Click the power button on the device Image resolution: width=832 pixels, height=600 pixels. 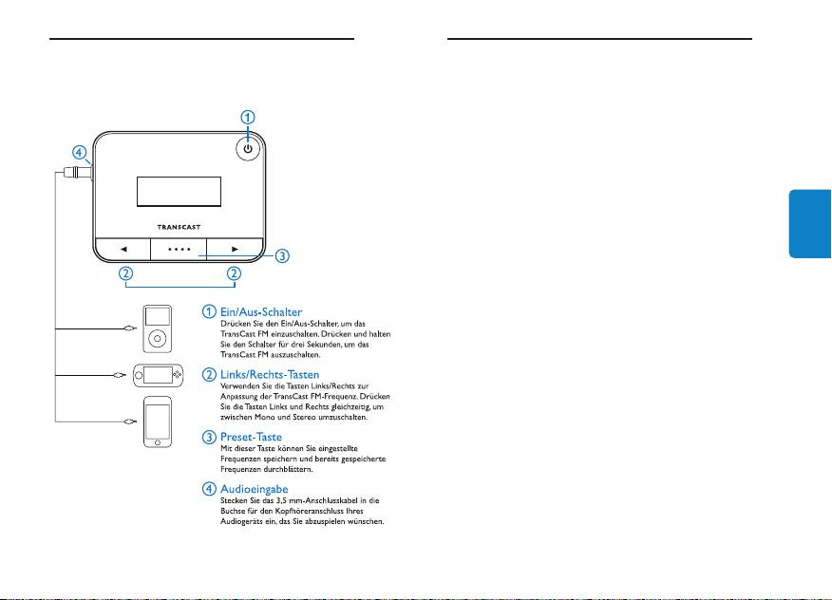click(248, 148)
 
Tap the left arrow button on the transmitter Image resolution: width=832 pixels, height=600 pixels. click(123, 250)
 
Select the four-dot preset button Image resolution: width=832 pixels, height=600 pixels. click(179, 250)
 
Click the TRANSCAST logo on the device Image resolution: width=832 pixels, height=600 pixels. click(179, 227)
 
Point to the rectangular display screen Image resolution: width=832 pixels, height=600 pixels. click(179, 192)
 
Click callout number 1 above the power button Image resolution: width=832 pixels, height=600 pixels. click(248, 117)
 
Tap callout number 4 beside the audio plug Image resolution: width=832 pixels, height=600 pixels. click(79, 153)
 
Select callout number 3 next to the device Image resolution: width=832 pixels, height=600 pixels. click(282, 255)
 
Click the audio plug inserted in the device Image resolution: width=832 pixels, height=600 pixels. click(78, 172)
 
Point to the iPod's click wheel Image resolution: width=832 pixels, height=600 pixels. click(157, 338)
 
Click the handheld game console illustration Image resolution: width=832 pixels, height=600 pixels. click(158, 376)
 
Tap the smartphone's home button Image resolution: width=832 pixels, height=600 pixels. click(158, 442)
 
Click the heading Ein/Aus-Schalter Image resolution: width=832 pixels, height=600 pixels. click(261, 312)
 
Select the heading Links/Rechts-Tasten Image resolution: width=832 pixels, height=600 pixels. click(270, 375)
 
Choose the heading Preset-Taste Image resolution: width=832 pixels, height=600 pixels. click(251, 437)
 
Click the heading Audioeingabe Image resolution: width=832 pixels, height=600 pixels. click(255, 489)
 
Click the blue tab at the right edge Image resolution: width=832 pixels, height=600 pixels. click(810, 224)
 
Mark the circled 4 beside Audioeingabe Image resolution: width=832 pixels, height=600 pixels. click(209, 489)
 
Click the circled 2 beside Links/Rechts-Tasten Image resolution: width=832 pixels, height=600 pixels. click(209, 374)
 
